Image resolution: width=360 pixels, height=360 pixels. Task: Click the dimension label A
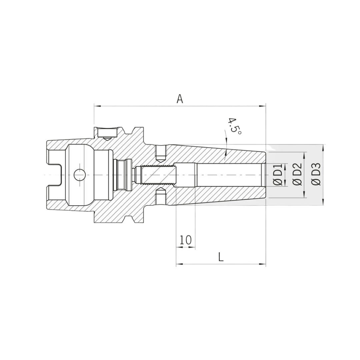180,99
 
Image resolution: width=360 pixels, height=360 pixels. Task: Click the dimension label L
221,257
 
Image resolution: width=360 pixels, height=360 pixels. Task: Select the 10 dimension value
186,240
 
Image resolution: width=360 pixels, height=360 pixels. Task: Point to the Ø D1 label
278,175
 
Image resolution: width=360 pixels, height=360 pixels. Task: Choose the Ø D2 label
297,175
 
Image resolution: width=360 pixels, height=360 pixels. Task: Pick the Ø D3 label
316,175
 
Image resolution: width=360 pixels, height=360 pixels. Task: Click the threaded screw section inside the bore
158,175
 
